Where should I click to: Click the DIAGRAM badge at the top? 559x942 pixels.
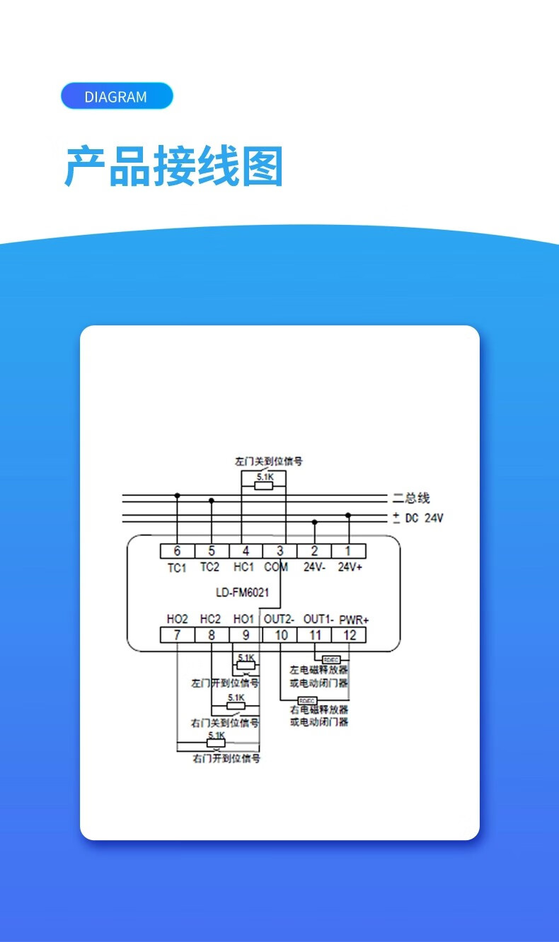point(117,96)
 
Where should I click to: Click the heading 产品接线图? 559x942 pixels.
point(174,166)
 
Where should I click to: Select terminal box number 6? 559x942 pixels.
point(177,551)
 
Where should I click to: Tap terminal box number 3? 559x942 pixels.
point(280,551)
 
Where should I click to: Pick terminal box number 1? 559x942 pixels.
point(348,551)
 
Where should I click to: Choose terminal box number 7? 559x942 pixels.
point(177,634)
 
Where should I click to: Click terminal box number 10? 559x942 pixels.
point(281,634)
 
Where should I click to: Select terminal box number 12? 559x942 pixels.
point(350,634)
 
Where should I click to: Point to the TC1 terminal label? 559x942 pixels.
point(177,567)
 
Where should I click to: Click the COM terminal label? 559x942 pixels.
point(276,567)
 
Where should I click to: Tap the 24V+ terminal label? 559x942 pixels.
point(350,567)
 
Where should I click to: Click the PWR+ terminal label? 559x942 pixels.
point(354,620)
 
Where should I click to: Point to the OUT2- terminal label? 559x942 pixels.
point(279,619)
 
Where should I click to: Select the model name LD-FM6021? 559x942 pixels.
point(242,593)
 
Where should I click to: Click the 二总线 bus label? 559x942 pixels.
point(413,498)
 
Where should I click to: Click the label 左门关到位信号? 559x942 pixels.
point(269,461)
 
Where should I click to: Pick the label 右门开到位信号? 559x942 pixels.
point(226,758)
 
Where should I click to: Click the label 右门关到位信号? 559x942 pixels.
point(225,723)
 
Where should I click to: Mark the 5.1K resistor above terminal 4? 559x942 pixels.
point(265,484)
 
